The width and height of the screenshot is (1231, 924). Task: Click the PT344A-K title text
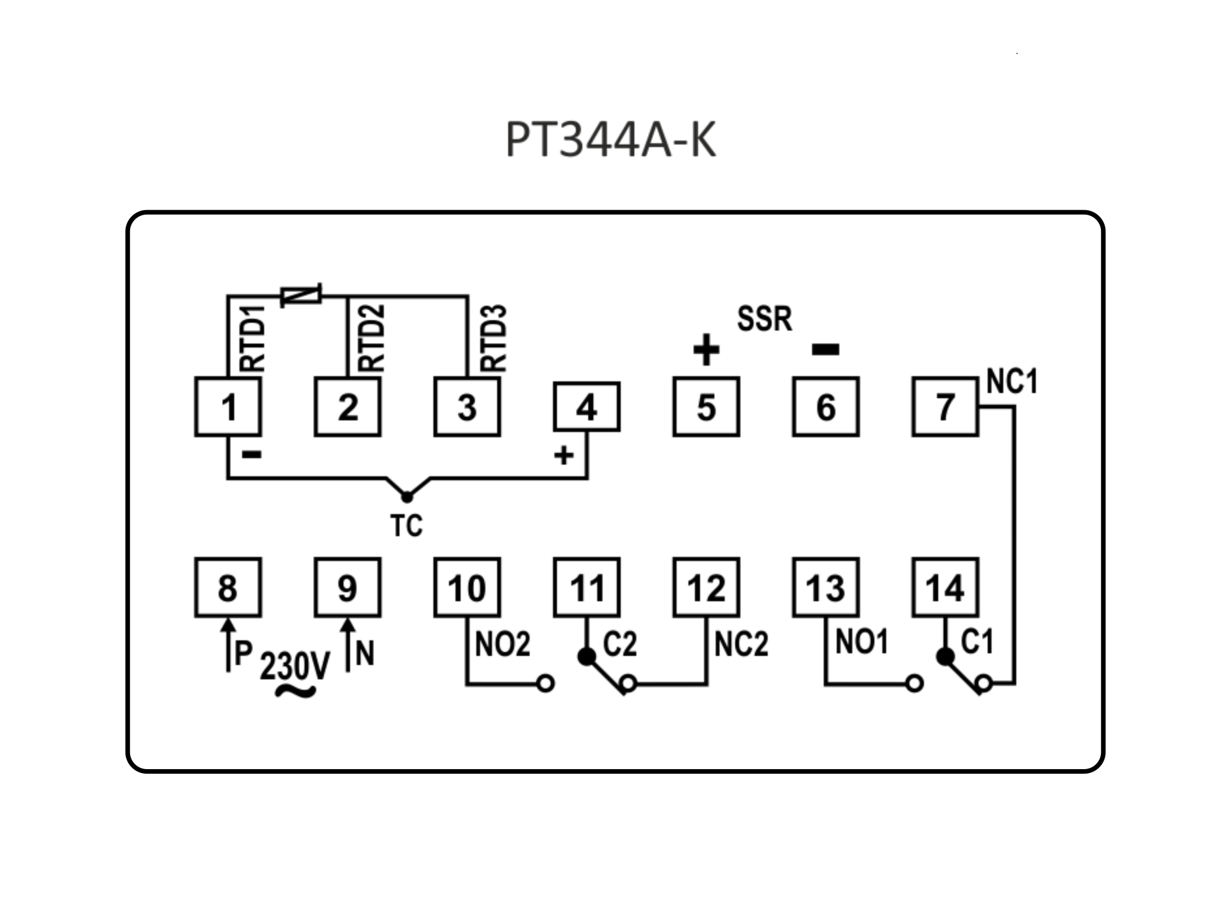pyautogui.click(x=610, y=140)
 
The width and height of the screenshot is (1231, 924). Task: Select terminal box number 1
pyautogui.click(x=228, y=407)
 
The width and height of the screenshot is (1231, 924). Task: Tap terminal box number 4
pyautogui.click(x=586, y=407)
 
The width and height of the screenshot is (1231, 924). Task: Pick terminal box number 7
pyautogui.click(x=945, y=407)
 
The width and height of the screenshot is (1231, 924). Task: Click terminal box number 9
pyautogui.click(x=347, y=588)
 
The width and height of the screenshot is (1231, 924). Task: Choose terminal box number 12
pyautogui.click(x=706, y=588)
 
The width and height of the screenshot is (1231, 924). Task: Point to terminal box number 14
pyautogui.click(x=945, y=588)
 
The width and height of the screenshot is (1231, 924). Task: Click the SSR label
pyautogui.click(x=764, y=319)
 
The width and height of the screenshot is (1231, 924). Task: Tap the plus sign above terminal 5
pyautogui.click(x=706, y=350)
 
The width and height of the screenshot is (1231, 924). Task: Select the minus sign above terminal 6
pyautogui.click(x=826, y=350)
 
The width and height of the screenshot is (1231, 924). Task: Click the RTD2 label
pyautogui.click(x=372, y=338)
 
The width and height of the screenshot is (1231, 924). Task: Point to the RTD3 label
pyautogui.click(x=493, y=338)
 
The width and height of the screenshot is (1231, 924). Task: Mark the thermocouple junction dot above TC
pyautogui.click(x=407, y=497)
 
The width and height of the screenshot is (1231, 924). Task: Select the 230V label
pyautogui.click(x=294, y=666)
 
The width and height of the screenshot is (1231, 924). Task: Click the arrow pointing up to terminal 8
pyautogui.click(x=228, y=644)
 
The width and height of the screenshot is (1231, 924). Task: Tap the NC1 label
pyautogui.click(x=1012, y=381)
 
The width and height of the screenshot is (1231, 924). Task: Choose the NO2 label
pyautogui.click(x=502, y=645)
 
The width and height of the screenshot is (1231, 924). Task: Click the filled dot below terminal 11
pyautogui.click(x=586, y=657)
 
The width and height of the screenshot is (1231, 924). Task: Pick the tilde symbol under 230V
pyautogui.click(x=295, y=691)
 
